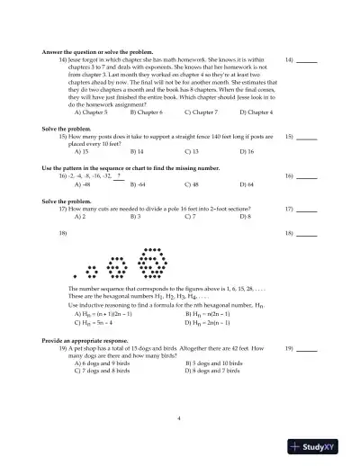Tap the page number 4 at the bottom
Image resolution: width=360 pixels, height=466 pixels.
pos(179,418)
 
